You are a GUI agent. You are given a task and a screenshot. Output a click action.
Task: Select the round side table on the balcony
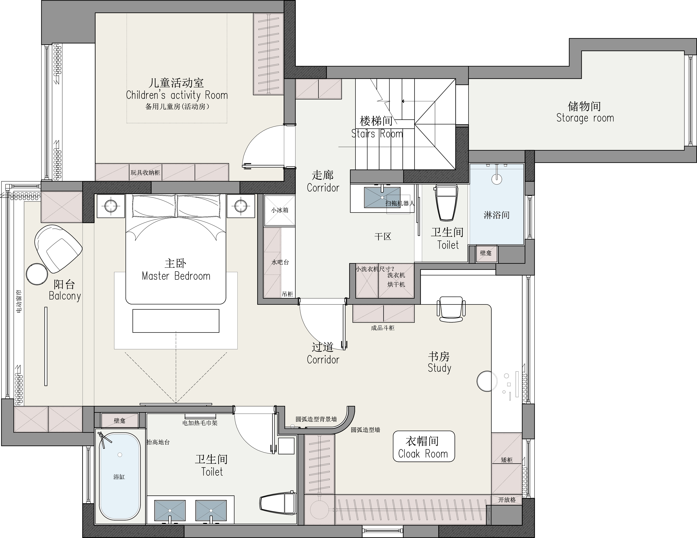tap(37, 274)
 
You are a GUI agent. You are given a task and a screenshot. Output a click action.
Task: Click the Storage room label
tap(585, 118)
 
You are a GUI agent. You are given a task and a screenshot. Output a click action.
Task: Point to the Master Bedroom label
tap(176, 276)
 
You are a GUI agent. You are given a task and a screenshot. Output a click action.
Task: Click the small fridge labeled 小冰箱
tap(280, 210)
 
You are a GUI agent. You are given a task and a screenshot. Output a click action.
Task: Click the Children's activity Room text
tap(177, 95)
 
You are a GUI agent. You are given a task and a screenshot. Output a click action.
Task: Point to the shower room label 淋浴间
tap(497, 215)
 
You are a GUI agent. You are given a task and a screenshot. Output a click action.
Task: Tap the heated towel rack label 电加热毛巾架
tap(200, 423)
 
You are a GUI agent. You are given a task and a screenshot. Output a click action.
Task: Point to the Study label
tap(439, 368)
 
